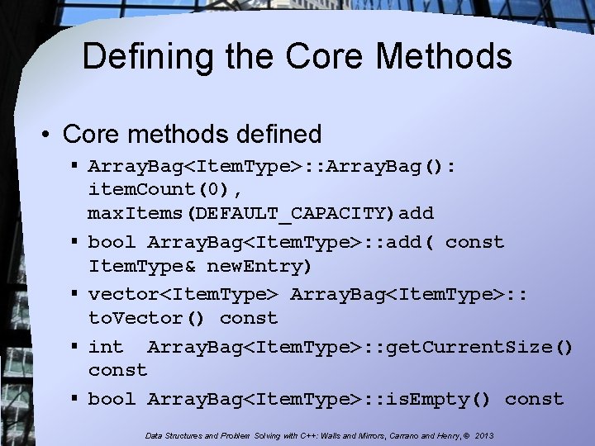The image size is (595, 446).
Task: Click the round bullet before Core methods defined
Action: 48,134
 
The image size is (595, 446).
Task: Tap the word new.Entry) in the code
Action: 259,267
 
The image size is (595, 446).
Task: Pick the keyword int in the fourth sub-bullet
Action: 105,346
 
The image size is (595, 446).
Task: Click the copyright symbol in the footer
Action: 468,435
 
